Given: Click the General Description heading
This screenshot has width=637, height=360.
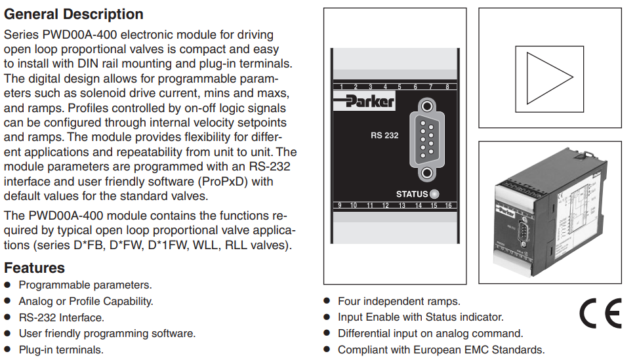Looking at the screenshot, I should tap(73, 14).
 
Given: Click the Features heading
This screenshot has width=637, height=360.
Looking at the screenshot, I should tap(34, 268).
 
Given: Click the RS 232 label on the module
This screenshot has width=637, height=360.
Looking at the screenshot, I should tap(384, 136).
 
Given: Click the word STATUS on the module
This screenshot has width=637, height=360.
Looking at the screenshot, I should tap(412, 194).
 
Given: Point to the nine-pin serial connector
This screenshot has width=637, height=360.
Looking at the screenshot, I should tap(427, 139).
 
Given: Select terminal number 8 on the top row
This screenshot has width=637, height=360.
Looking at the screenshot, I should tap(447, 87).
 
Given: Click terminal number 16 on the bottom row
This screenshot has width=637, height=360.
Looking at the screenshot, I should tap(449, 205).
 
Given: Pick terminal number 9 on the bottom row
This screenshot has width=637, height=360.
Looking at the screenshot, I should tap(339, 205).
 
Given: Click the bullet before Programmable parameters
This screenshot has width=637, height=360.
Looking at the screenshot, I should tap(8, 285).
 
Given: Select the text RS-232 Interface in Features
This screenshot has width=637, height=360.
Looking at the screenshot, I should tap(61, 317).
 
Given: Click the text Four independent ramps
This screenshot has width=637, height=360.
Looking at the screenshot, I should tap(399, 301).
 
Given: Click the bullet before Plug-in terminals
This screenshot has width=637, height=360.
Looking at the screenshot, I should tap(8, 350).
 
